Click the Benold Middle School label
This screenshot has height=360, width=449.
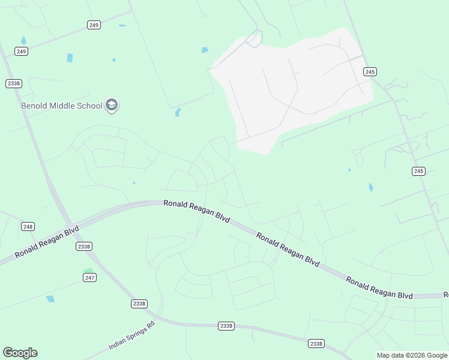tap(61, 106)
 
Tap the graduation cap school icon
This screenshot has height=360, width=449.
tap(111, 106)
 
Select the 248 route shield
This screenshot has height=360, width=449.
tap(28, 226)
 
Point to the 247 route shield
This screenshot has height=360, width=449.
tap(89, 277)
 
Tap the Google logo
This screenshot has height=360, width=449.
tap(20, 353)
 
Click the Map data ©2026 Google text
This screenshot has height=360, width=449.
tap(412, 355)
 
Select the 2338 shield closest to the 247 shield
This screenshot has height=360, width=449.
tap(84, 247)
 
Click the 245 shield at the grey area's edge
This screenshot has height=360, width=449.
tap(370, 71)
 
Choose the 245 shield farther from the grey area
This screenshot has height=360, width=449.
tap(418, 171)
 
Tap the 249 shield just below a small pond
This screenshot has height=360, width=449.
tap(22, 52)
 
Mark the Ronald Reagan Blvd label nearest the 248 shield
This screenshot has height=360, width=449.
tap(47, 241)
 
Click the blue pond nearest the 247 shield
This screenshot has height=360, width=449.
tap(50, 298)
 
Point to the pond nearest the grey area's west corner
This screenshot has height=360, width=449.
tap(205, 50)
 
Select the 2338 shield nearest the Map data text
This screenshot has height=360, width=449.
tap(316, 344)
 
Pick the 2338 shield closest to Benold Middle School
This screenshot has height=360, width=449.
tap(14, 83)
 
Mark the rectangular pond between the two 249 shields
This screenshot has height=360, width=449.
tap(70, 58)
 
